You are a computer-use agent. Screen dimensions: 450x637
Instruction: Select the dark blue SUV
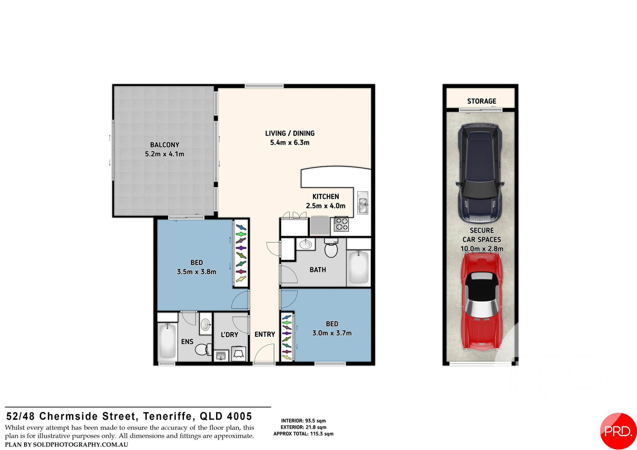coord(480,172)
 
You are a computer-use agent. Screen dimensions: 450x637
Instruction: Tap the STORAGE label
coord(481,101)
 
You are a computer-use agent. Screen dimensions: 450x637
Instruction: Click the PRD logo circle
coord(618,431)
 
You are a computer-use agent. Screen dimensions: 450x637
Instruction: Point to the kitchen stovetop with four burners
coord(341,224)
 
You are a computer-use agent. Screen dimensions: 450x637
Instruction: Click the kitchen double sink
coord(363,202)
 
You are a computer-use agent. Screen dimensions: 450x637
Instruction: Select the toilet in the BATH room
coord(331,249)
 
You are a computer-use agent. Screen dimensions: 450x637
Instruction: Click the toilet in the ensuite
coord(203,349)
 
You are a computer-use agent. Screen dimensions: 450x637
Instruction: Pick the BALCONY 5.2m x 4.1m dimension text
coord(164,154)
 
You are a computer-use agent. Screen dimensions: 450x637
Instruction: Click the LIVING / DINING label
coord(290,133)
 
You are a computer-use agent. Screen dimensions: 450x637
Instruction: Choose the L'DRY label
coord(229,335)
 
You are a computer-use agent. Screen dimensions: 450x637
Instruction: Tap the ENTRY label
coord(264,334)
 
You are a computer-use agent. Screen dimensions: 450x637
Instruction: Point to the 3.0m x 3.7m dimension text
coord(332,333)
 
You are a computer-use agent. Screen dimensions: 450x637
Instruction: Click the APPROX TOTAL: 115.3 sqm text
coord(303,434)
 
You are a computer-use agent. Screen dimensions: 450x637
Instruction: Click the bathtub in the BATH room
coord(359,267)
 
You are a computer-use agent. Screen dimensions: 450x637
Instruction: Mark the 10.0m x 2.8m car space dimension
coord(481,249)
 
